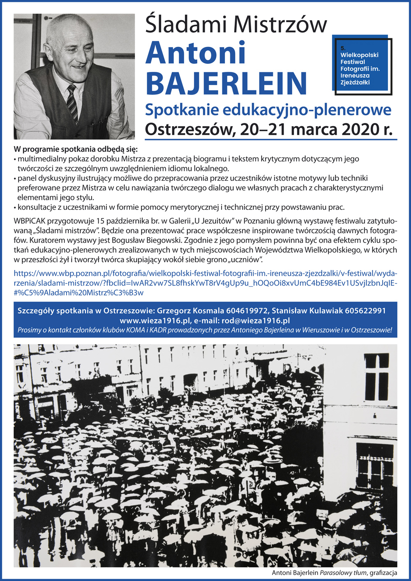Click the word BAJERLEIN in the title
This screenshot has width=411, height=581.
pos(226,83)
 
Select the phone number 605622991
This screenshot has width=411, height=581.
pos(365,311)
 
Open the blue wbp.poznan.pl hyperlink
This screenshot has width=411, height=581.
pos(205,283)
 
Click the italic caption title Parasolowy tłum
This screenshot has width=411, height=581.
pos(343,573)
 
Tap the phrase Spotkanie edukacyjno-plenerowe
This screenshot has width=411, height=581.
pos(268,110)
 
